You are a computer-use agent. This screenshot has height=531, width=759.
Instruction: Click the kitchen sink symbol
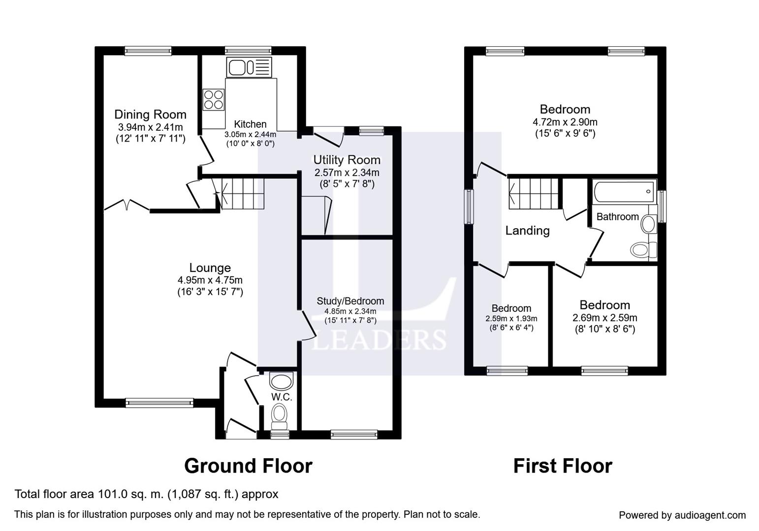[249, 67]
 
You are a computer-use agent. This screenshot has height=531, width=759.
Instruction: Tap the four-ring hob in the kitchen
[214, 99]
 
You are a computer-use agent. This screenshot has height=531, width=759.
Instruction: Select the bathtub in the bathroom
[624, 192]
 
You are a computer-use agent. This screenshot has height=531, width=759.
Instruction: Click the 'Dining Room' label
[151, 115]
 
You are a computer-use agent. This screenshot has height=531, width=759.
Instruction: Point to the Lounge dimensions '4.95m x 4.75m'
[210, 280]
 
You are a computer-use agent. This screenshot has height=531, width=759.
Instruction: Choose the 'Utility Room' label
[347, 160]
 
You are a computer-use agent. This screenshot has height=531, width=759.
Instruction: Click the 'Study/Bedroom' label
[350, 301]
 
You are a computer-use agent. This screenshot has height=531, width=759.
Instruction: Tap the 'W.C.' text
[282, 397]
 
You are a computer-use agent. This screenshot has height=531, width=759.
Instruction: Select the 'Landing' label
[528, 231]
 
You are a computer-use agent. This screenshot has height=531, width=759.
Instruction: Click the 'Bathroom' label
[617, 217]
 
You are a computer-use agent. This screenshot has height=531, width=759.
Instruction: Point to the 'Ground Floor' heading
[249, 466]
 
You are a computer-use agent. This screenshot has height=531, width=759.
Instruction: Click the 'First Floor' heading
[563, 466]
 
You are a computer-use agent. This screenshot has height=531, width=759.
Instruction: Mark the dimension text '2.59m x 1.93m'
[511, 319]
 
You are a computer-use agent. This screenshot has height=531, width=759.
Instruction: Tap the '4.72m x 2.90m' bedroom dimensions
[565, 122]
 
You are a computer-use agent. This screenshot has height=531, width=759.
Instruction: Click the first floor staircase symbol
[534, 194]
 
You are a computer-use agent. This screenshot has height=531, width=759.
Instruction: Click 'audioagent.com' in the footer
[710, 515]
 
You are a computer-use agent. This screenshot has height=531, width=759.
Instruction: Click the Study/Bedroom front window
[354, 435]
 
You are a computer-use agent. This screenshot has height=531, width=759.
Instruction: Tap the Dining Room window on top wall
[148, 51]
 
